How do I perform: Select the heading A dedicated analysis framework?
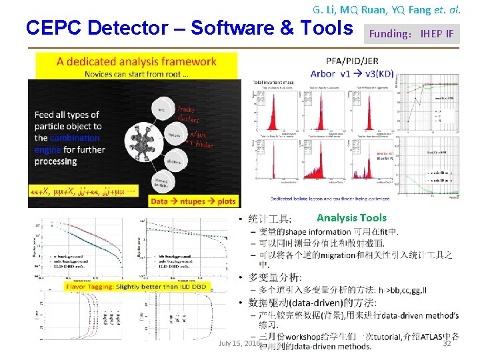coord(137,62)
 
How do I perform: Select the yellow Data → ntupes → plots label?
coord(193,201)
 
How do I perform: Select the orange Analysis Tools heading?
coord(351,218)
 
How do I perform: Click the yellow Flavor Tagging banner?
coord(137,287)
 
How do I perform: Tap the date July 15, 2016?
coord(239,343)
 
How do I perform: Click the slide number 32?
coord(447,343)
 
